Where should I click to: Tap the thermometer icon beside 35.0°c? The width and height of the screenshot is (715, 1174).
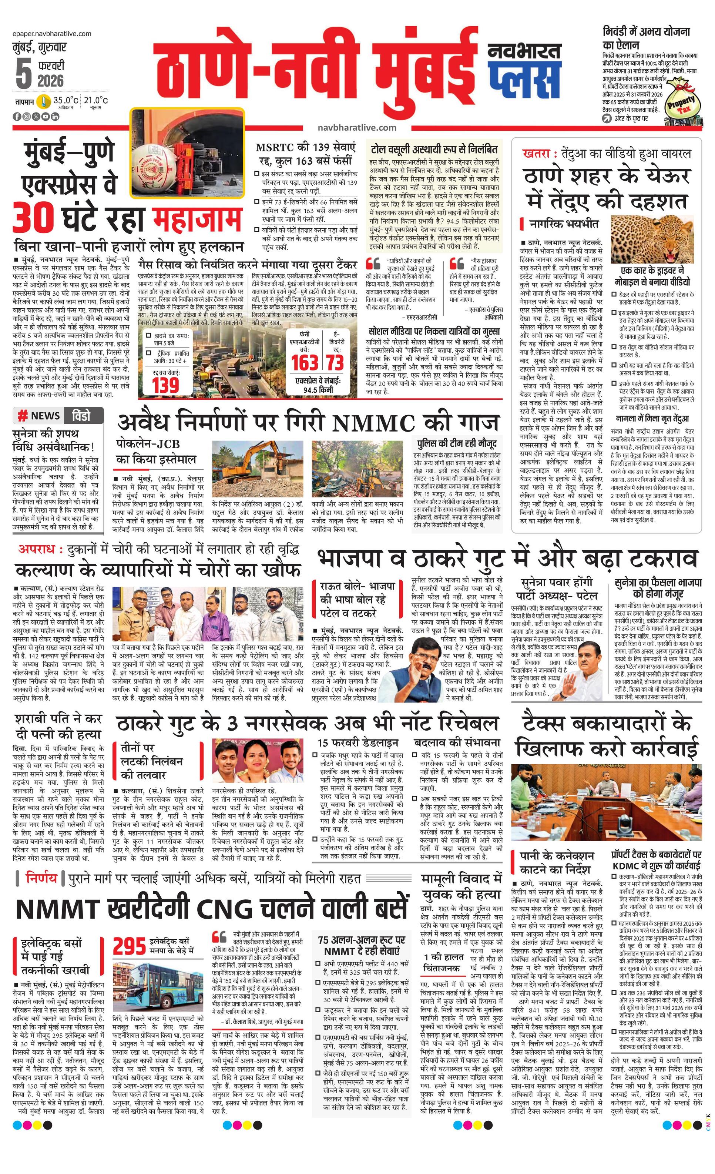pyautogui.click(x=45, y=101)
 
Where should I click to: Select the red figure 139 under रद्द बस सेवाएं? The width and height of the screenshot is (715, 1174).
pyautogui.click(x=165, y=385)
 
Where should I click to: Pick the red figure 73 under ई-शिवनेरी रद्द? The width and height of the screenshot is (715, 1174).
pyautogui.click(x=335, y=363)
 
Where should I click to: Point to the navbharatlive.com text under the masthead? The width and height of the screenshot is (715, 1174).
pyautogui.click(x=356, y=127)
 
